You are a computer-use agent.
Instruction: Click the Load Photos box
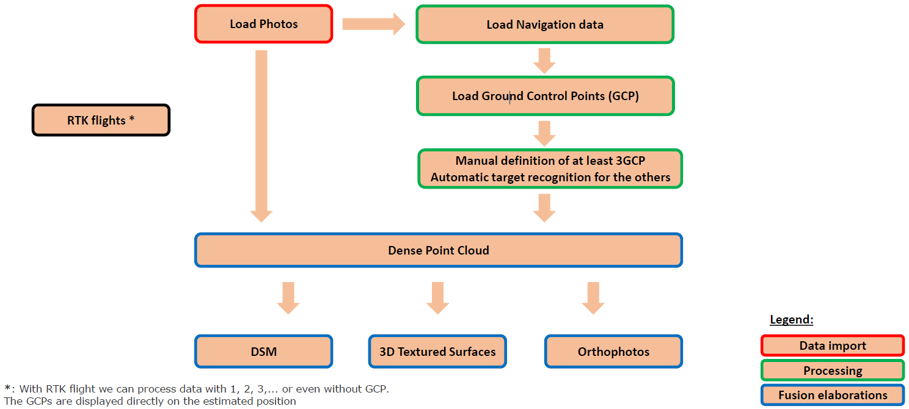point(263,24)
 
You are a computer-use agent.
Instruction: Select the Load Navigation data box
point(544,24)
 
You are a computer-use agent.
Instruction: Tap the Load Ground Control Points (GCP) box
point(545,96)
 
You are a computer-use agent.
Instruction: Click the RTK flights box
point(101,120)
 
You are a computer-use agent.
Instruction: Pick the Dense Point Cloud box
point(438,250)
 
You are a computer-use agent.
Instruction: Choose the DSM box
point(263,352)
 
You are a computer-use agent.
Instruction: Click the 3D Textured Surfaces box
point(437,352)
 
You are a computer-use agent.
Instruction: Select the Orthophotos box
point(613,352)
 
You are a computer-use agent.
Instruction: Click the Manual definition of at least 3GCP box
point(550,169)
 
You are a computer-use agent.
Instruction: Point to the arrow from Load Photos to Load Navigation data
point(373,24)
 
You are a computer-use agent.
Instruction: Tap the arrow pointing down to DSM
point(288,298)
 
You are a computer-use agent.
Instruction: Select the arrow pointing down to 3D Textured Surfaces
point(437,298)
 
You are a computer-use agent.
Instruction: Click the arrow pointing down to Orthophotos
point(593,298)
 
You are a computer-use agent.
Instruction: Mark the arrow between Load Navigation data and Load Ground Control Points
point(544,60)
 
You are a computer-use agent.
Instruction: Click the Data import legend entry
point(832,346)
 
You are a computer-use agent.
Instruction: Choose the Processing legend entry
point(832,371)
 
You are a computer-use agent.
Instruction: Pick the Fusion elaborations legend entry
point(832,395)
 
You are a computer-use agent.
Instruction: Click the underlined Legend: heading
point(791,320)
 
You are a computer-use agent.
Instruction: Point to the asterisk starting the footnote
point(7,388)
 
